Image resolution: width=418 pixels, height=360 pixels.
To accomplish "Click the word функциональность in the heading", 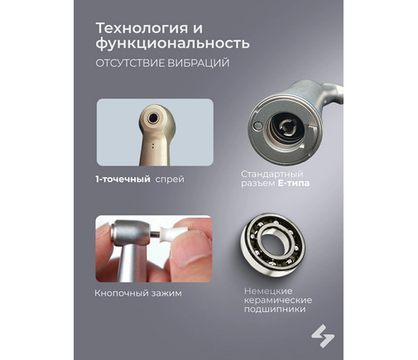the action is (173, 43).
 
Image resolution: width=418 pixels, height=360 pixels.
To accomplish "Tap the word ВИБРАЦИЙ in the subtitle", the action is (199, 63).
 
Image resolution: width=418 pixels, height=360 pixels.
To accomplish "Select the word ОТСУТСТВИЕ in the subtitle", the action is (130, 63).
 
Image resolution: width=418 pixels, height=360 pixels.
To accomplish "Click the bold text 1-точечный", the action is (123, 180).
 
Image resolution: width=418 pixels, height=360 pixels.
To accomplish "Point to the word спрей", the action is (170, 180).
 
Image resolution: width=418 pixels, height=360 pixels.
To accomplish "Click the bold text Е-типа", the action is (294, 183).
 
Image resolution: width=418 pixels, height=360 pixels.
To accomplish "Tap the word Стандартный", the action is (272, 174).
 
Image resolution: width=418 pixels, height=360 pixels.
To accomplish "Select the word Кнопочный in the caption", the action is (121, 293).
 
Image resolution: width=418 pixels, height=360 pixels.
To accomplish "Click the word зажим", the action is (166, 293).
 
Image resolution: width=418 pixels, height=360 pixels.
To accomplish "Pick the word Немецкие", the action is (268, 290).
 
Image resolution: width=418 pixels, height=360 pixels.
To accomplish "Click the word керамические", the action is (278, 300).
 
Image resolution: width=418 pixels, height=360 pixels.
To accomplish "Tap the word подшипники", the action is (275, 310).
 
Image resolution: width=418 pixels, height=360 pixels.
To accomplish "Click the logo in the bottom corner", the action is (323, 336).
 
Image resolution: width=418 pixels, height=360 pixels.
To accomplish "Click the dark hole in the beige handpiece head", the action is (152, 118).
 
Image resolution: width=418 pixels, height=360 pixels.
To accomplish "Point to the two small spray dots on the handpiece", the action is (152, 146).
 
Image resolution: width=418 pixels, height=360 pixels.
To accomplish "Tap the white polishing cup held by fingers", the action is (169, 235).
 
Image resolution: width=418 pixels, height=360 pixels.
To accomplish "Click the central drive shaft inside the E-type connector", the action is (287, 127).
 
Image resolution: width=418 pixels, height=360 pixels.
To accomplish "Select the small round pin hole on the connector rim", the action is (257, 125).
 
